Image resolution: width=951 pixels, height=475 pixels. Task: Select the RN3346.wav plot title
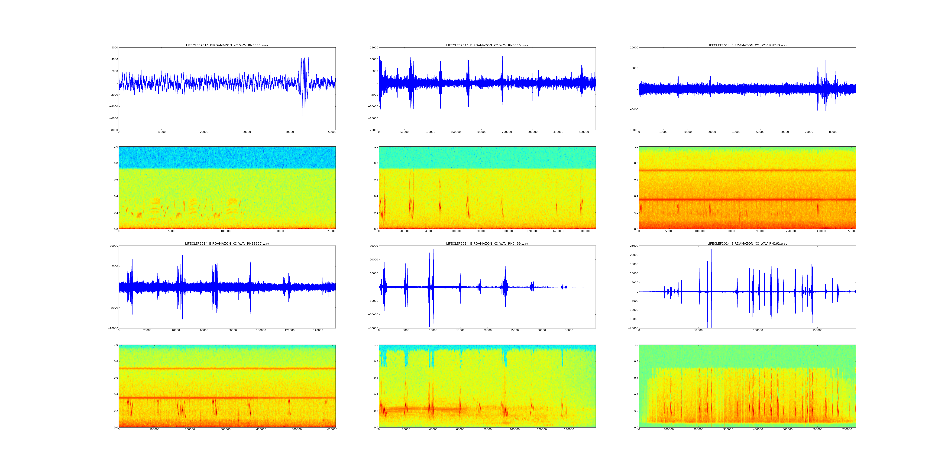487,45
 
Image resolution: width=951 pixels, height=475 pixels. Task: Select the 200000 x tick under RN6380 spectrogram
332,231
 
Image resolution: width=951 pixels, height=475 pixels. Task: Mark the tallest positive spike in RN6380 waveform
301,50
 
